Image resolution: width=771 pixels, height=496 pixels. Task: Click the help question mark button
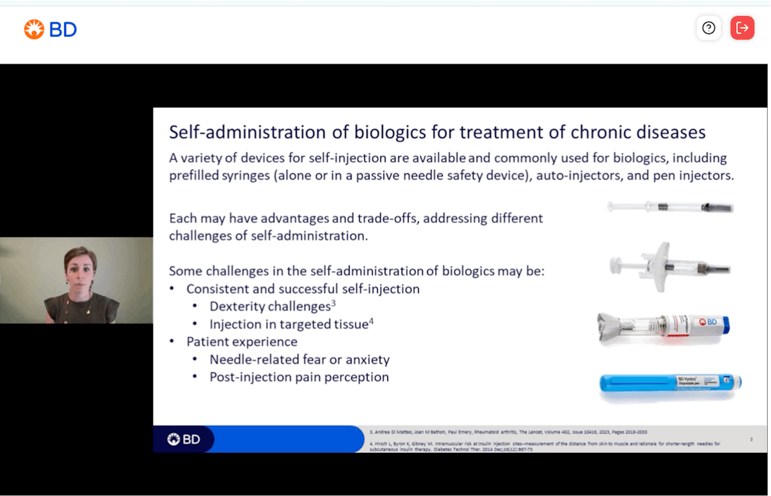[x=709, y=28]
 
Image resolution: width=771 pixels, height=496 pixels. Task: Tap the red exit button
[x=742, y=28]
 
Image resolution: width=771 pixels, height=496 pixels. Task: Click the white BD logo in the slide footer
[x=184, y=439]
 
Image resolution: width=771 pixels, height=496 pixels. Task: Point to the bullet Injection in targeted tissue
[x=289, y=324]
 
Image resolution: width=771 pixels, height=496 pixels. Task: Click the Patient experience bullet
[x=242, y=342]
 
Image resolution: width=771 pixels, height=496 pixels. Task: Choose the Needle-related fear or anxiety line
[x=299, y=360]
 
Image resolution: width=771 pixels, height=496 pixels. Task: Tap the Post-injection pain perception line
[x=299, y=377]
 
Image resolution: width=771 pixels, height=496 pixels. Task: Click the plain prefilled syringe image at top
[x=670, y=207]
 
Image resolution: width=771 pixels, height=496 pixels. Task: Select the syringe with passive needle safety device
[x=668, y=265]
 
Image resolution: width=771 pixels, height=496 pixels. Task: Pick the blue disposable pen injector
[x=670, y=383]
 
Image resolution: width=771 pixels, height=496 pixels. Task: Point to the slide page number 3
[x=751, y=439]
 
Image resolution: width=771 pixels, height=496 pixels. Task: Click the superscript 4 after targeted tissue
[x=371, y=321]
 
